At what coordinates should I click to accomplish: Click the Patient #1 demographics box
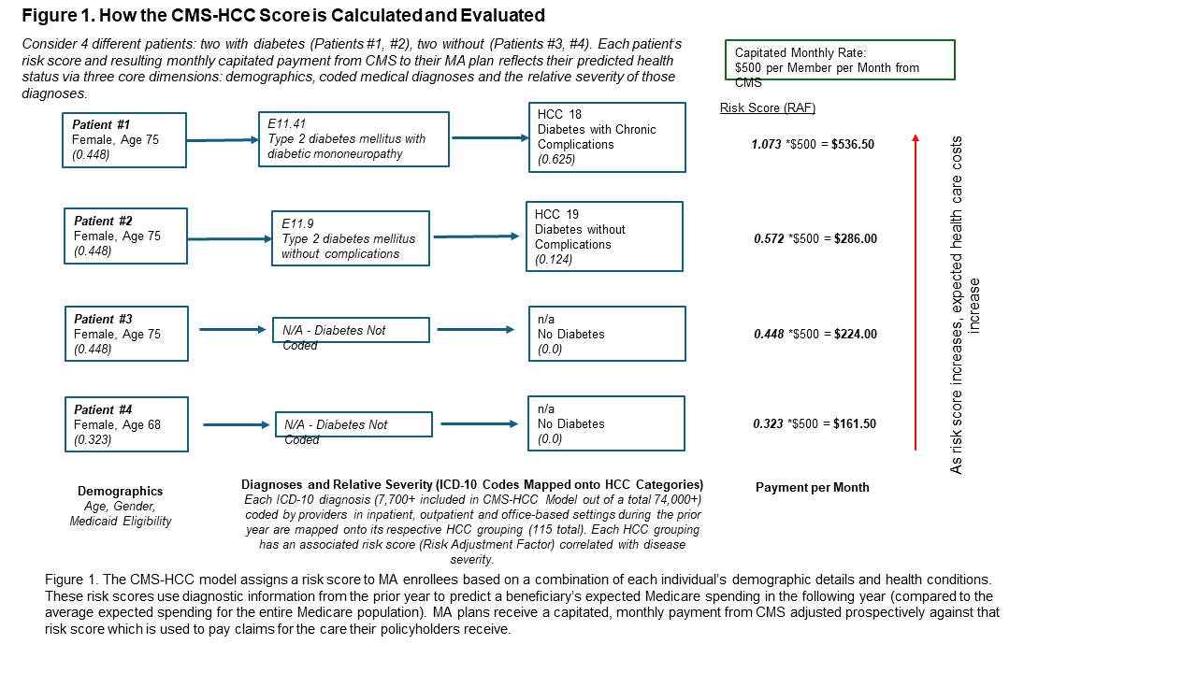pyautogui.click(x=123, y=140)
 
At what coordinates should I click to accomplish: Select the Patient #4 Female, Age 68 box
pyautogui.click(x=126, y=424)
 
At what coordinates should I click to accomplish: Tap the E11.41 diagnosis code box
pyautogui.click(x=353, y=139)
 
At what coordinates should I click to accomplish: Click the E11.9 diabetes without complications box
pyautogui.click(x=350, y=238)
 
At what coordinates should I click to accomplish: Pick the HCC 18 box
pyautogui.click(x=606, y=137)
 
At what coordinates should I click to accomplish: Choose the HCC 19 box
pyautogui.click(x=603, y=236)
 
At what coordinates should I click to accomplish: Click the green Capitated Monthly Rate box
pyautogui.click(x=840, y=60)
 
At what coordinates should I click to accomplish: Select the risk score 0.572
pyautogui.click(x=770, y=239)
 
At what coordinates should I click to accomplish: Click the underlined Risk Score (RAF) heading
pyautogui.click(x=768, y=108)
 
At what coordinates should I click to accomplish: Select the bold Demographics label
pyautogui.click(x=120, y=491)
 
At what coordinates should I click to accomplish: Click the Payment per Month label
pyautogui.click(x=812, y=487)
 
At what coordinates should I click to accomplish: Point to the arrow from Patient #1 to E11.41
pyautogui.click(x=222, y=140)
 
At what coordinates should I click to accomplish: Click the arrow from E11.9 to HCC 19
pyautogui.click(x=476, y=236)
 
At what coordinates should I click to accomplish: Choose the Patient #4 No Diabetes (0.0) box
pyautogui.click(x=606, y=423)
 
